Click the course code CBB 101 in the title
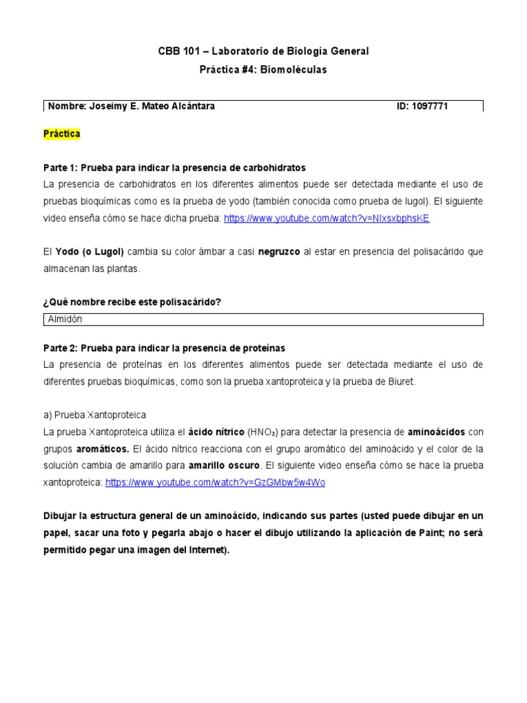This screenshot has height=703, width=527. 177,51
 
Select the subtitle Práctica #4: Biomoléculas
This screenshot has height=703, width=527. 263,69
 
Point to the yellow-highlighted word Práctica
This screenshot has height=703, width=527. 62,134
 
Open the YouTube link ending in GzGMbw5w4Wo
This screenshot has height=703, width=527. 215,483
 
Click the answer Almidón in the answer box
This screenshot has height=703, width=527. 65,320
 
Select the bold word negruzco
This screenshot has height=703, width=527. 279,252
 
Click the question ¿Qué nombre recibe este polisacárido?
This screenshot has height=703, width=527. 132,303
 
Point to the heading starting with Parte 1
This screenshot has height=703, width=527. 174,168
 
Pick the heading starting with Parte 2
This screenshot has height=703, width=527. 164,348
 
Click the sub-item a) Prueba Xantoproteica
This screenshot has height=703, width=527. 94,415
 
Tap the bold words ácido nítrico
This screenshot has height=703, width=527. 216,432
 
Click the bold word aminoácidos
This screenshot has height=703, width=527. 436,432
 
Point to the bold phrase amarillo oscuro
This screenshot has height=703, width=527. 219,465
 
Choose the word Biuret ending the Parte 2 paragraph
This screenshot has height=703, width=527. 401,382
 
